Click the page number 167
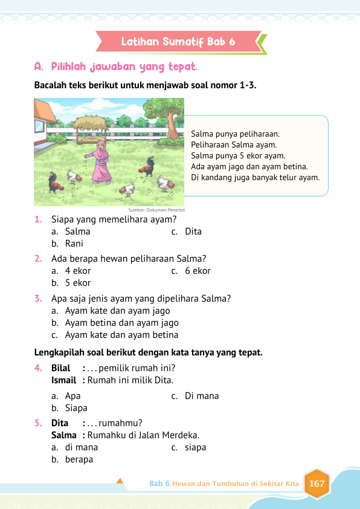(x=317, y=484)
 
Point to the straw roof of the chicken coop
(x=90, y=123)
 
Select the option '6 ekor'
(x=198, y=271)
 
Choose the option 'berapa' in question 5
(x=79, y=459)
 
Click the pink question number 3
(x=38, y=299)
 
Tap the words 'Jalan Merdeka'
(x=172, y=435)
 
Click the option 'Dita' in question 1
(x=193, y=232)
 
